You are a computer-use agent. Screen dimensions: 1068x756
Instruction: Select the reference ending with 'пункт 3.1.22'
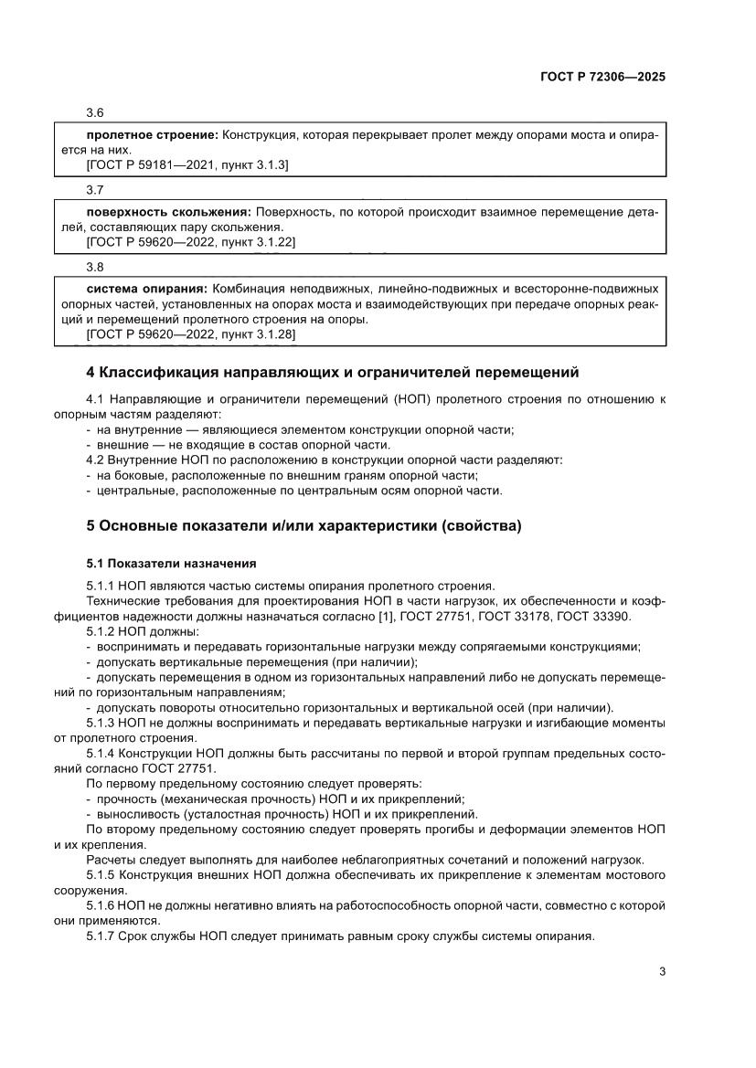coord(190,242)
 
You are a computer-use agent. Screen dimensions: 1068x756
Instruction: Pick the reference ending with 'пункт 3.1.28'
coord(190,335)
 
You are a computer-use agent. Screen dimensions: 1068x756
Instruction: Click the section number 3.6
coord(94,112)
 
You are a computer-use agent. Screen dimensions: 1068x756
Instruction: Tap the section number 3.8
coord(94,266)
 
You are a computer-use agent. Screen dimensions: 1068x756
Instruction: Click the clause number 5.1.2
coord(101,631)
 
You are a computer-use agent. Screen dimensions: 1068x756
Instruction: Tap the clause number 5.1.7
coord(101,936)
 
